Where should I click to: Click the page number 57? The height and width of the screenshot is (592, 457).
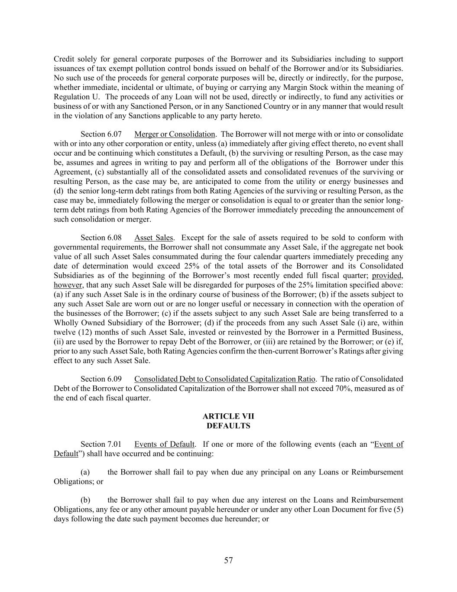click(x=228, y=560)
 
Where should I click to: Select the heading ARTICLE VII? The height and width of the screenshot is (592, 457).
click(x=228, y=416)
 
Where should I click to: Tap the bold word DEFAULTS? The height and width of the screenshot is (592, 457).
click(x=228, y=426)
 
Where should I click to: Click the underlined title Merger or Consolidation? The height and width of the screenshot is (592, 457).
click(x=175, y=134)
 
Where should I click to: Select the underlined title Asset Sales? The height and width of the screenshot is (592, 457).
click(x=153, y=238)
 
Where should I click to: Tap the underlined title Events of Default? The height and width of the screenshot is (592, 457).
click(x=165, y=444)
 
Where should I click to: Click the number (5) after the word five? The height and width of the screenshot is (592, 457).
click(x=398, y=509)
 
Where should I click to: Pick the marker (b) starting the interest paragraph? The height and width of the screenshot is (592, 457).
click(x=85, y=500)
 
